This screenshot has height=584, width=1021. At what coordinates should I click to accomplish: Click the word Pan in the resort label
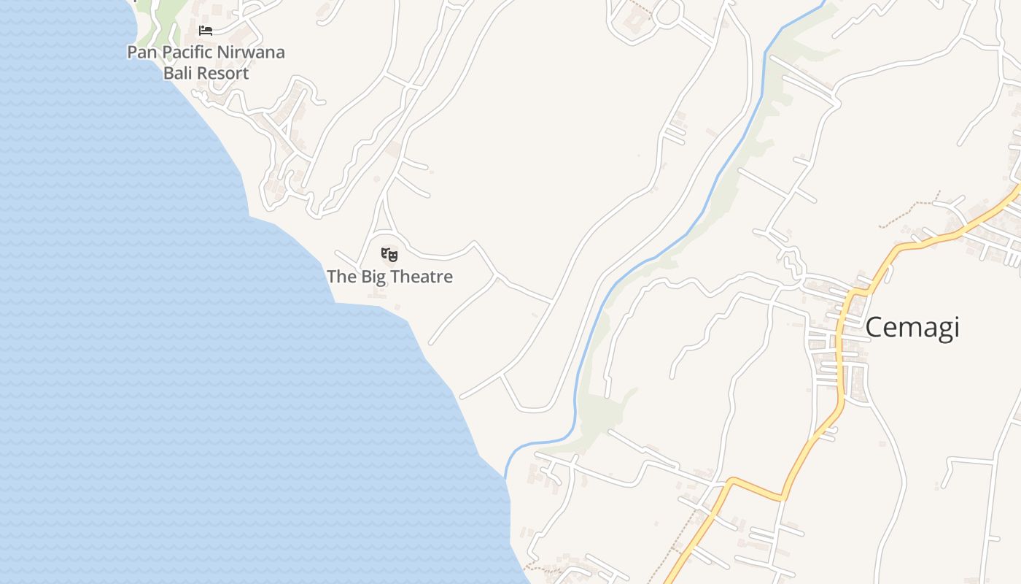[x=143, y=53]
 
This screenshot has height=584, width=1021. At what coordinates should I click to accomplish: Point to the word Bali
[x=179, y=73]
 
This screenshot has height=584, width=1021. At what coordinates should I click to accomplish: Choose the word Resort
[x=223, y=73]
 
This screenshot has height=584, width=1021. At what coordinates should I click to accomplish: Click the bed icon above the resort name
[x=206, y=31]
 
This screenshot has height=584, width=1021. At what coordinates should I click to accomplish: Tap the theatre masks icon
[x=389, y=255]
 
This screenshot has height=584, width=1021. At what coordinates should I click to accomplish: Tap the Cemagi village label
[x=912, y=328]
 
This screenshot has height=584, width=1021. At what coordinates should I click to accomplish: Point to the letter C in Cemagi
[x=875, y=328]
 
